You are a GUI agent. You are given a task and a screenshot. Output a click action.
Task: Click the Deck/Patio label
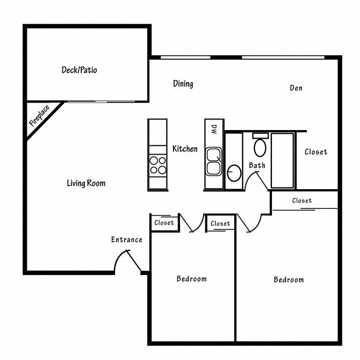(x=79, y=70)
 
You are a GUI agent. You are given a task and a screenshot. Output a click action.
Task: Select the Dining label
(x=183, y=84)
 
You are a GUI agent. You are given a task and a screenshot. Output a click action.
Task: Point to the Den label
(x=296, y=88)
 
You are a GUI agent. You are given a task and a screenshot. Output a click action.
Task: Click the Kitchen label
(x=185, y=149)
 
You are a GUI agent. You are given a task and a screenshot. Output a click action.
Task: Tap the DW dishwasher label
(x=213, y=129)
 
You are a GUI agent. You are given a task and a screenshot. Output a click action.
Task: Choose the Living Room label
(x=86, y=183)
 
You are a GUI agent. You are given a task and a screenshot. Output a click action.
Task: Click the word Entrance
(x=127, y=240)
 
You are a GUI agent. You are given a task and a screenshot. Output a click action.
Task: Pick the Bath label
(x=257, y=165)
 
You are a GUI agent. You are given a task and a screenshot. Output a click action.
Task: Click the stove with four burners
(x=158, y=164)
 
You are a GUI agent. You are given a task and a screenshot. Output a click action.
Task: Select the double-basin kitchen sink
(x=213, y=161)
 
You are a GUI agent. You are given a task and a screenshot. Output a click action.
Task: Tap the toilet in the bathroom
(x=260, y=147)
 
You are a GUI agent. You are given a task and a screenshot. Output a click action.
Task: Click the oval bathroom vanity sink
(x=234, y=173)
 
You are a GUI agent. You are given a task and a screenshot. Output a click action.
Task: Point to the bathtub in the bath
(x=282, y=160)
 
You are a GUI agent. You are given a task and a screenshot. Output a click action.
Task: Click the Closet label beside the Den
(x=315, y=152)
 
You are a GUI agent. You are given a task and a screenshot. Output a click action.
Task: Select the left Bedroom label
(x=191, y=278)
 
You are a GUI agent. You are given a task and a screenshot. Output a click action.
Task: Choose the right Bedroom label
(x=289, y=279)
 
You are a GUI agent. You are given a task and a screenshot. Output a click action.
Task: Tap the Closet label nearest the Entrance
(x=164, y=222)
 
